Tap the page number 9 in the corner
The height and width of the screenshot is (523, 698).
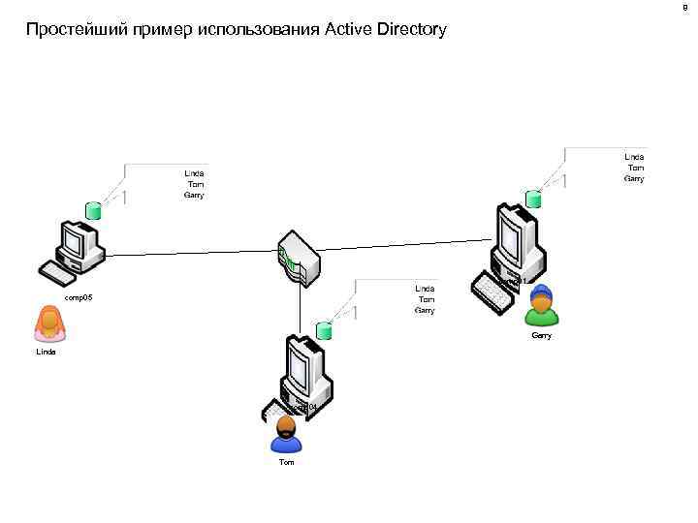coord(686,8)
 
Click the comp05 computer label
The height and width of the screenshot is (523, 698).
coord(79,298)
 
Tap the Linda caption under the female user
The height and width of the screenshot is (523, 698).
coord(46,353)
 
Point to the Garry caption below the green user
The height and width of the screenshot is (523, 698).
coord(541,336)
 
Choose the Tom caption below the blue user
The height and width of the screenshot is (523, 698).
coord(286,463)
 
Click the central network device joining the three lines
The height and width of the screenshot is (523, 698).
coord(298,261)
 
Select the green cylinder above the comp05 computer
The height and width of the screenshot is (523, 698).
coord(93,210)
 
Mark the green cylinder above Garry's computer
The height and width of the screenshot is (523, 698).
coord(532,200)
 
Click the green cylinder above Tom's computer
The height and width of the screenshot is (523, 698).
coord(323,331)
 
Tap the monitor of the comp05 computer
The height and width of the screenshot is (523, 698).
coord(78,239)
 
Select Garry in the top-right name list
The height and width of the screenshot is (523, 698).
coord(634,178)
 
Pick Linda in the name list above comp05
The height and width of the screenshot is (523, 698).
coord(195,173)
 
